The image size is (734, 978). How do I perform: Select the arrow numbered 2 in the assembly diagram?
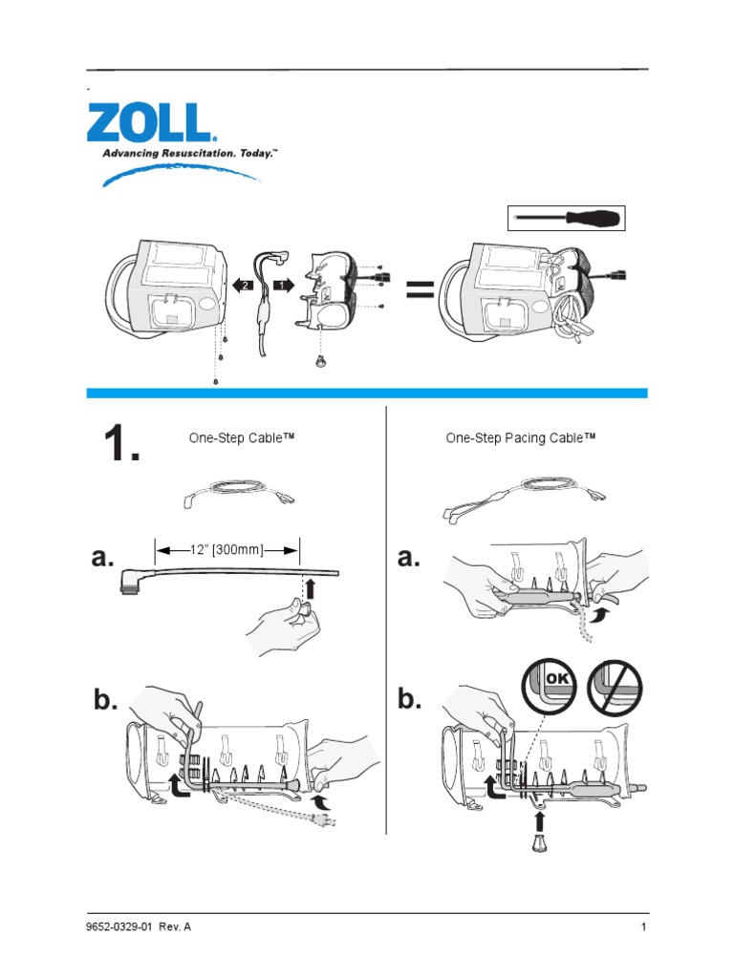243,284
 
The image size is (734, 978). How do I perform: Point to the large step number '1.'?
120,444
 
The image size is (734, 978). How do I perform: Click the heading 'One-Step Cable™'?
240,438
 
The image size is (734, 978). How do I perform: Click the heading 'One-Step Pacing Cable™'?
520,438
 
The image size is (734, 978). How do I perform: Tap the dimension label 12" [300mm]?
227,549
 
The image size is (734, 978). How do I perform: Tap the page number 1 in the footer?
644,927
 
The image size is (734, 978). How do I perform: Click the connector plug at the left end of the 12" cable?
128,581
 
